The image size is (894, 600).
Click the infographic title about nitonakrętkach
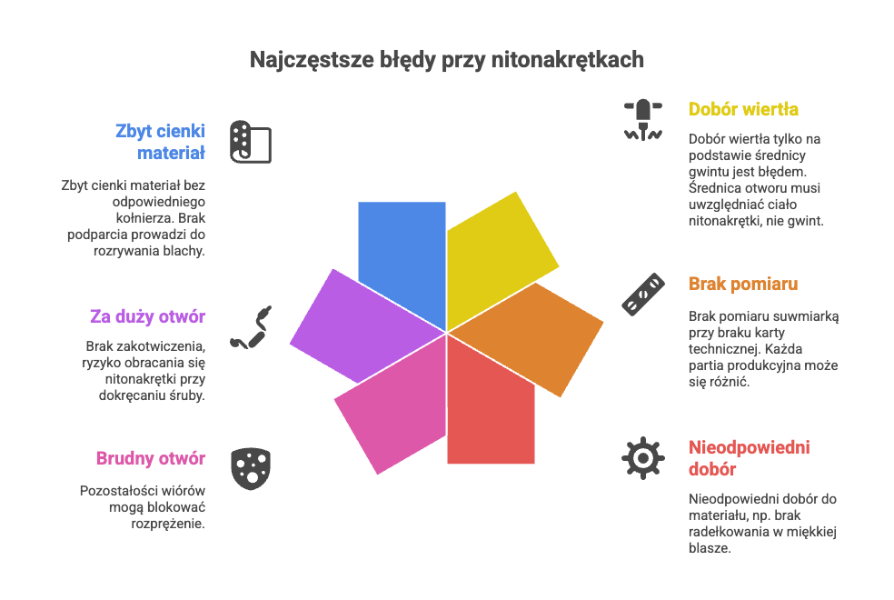447,60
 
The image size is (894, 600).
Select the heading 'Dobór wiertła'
743,109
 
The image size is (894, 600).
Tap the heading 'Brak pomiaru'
743,284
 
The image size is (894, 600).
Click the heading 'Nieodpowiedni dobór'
749,458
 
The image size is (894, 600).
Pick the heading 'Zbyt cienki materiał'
160,140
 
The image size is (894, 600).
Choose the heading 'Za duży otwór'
147,316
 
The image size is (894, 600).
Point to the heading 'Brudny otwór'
150,458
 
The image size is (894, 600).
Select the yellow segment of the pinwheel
495,255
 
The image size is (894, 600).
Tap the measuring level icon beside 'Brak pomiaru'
642,295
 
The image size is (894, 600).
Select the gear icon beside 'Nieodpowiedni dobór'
642,457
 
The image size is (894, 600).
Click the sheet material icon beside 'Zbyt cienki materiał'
251,141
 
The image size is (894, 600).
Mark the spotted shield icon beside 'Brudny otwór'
251,468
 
